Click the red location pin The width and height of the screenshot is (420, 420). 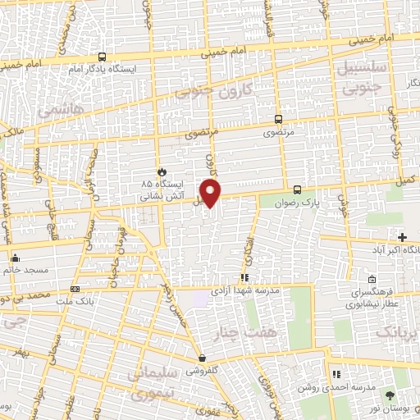click(212, 194)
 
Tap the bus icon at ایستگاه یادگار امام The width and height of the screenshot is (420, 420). click(101, 57)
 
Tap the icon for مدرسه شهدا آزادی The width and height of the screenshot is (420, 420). click(244, 278)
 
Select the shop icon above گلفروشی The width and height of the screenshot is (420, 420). click(201, 358)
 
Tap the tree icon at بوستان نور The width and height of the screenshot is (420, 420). click(389, 395)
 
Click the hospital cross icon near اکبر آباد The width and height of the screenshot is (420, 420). click(401, 237)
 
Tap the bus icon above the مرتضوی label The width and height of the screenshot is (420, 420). click(277, 118)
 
